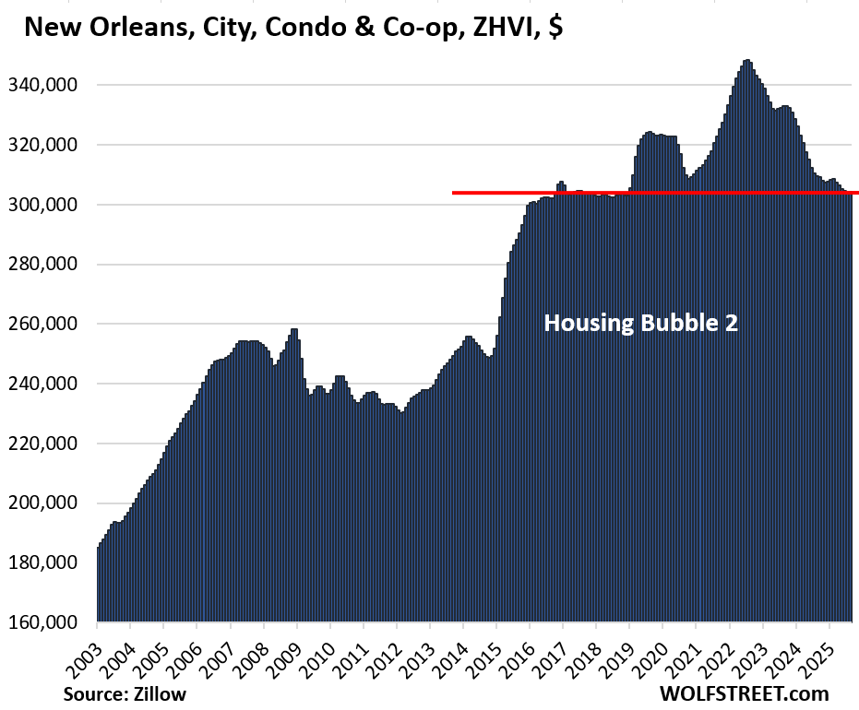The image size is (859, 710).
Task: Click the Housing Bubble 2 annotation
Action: [640, 324]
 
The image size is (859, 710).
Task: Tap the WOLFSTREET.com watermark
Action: [744, 693]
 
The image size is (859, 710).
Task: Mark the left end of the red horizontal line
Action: [454, 193]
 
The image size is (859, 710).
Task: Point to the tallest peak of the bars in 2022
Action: [746, 61]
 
